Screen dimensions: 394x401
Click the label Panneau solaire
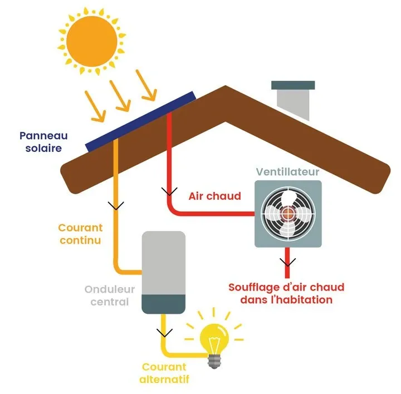coord(40,142)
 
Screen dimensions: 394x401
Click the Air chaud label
coord(214,196)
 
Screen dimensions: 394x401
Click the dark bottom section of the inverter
coord(163,304)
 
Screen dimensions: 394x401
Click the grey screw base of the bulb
coord(215,361)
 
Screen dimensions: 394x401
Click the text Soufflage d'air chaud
coord(286,288)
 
